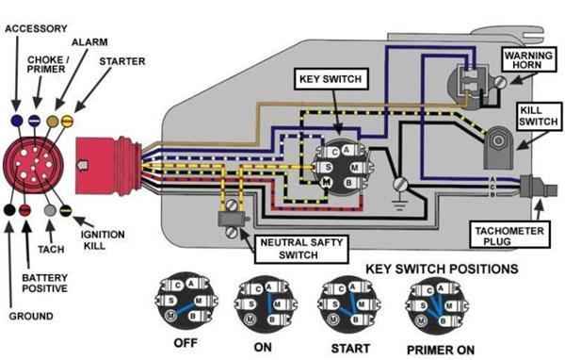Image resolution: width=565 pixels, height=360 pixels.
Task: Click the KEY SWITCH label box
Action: tap(331, 79)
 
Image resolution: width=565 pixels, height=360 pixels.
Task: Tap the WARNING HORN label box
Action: tap(528, 60)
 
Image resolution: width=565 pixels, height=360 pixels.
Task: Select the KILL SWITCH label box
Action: tap(539, 116)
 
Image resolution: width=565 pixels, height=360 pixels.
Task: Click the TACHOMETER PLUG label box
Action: tap(509, 236)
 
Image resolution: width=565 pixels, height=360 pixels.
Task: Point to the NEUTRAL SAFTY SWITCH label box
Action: tap(301, 249)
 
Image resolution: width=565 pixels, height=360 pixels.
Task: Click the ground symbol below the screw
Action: tap(399, 205)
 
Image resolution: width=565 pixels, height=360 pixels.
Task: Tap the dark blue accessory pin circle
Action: tap(17, 121)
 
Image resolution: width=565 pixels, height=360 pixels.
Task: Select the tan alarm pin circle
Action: tap(53, 122)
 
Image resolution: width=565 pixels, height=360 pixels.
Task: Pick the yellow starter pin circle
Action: tap(68, 121)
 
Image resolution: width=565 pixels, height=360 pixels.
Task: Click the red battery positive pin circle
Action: tap(24, 210)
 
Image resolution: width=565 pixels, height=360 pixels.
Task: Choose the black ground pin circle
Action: tap(9, 209)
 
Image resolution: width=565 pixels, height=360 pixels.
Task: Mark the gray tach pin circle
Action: tap(50, 210)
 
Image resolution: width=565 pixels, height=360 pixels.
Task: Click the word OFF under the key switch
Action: tap(186, 343)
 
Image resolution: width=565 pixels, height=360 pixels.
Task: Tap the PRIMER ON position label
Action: tap(441, 350)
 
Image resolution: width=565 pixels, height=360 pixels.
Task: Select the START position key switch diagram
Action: tap(349, 303)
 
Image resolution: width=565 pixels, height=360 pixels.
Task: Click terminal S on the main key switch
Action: tap(329, 167)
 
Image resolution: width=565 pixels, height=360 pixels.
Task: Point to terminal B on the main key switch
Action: tap(348, 183)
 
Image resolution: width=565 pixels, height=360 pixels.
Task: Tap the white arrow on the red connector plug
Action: tap(83, 165)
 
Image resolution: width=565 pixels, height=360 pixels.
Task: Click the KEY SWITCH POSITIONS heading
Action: tap(442, 269)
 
